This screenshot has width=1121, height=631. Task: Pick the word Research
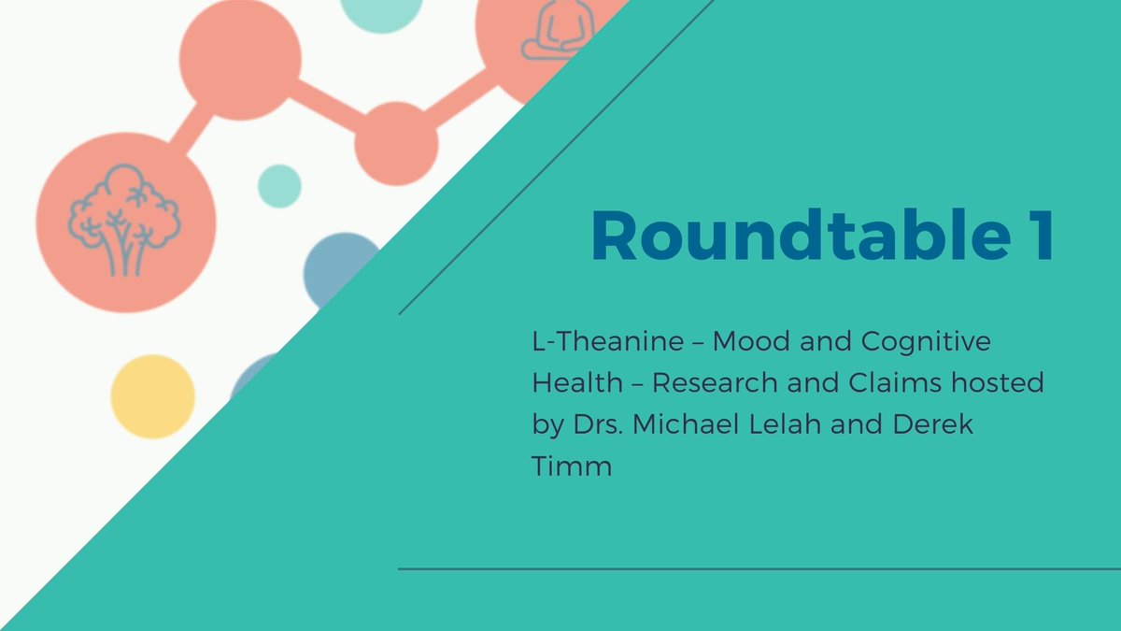(x=715, y=383)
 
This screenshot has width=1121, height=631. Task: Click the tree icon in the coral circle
(x=123, y=221)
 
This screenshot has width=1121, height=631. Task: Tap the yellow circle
(x=152, y=396)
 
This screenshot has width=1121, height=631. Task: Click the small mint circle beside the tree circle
(x=278, y=185)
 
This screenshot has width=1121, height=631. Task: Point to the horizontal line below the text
(x=757, y=568)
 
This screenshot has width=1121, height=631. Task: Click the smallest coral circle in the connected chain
(x=396, y=143)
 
